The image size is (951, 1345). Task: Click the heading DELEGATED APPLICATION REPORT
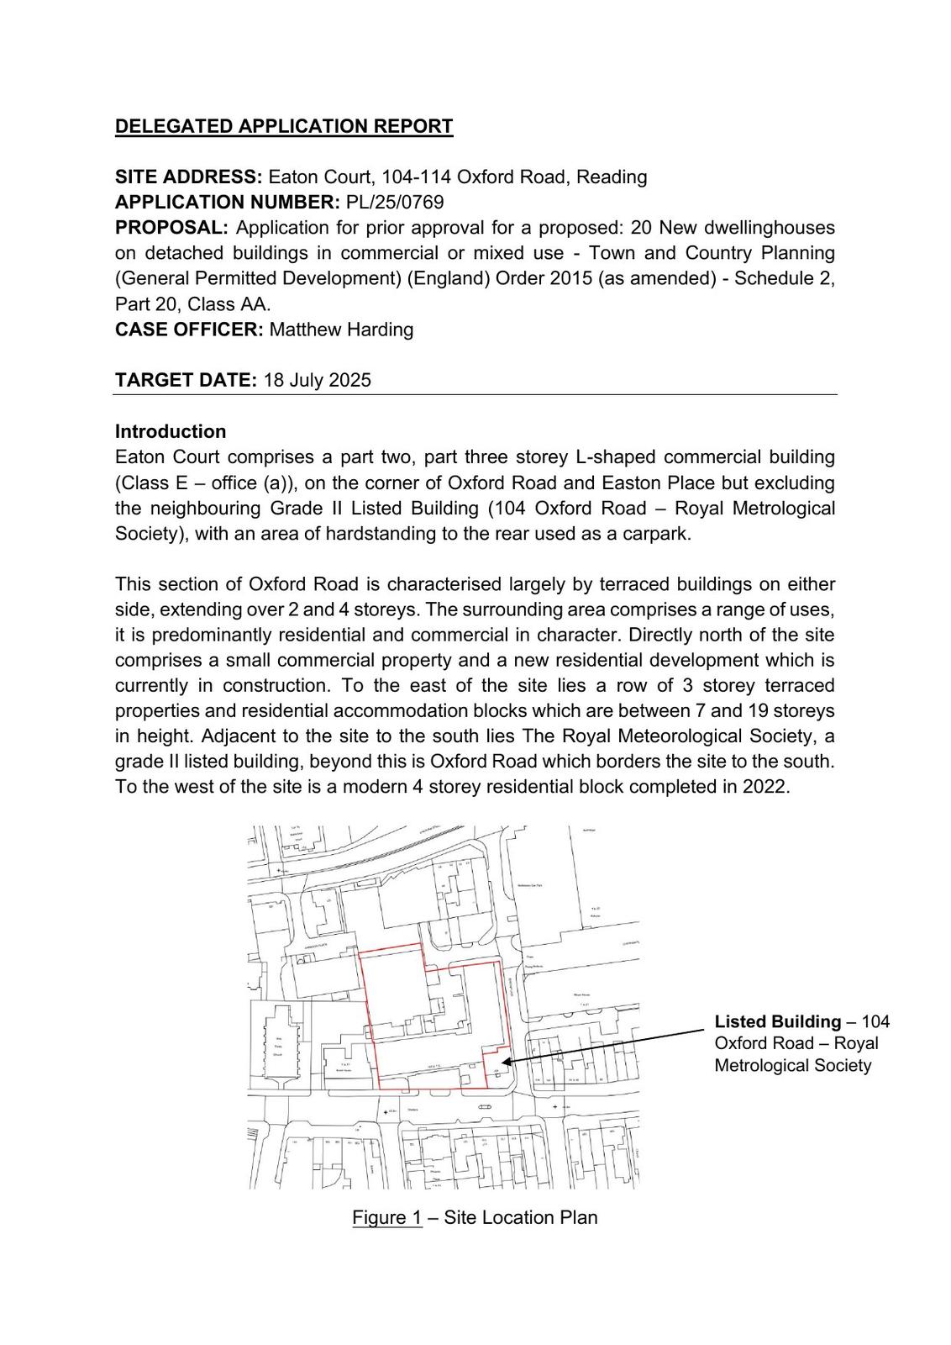coord(283,126)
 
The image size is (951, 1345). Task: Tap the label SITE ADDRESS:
coord(189,177)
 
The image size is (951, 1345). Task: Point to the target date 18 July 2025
coord(317,380)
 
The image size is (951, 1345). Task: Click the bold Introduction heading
coord(171,431)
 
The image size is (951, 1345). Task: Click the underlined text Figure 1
coord(387,1217)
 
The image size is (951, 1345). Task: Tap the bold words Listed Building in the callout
coord(777,1021)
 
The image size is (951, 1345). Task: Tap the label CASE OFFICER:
coord(189,330)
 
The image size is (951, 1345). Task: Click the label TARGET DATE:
coord(186,380)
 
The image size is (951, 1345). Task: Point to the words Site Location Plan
coord(521,1217)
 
